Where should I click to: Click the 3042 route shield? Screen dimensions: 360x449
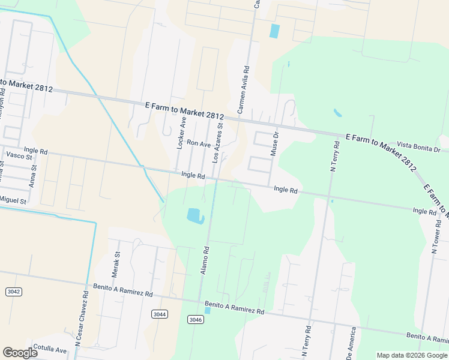coord(13,292)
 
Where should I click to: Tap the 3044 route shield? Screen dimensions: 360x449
coord(159,314)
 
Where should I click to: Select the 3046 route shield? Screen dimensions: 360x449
coord(195,320)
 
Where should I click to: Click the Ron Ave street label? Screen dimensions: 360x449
coord(199,143)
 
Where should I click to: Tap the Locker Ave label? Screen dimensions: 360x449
coord(181,133)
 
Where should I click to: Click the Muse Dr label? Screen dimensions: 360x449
coord(275,143)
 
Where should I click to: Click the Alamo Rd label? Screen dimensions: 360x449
coord(205,261)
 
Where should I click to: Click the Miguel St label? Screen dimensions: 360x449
coord(13,199)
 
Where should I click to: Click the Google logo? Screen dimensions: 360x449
coord(20,352)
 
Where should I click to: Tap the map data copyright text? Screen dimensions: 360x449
coord(411,355)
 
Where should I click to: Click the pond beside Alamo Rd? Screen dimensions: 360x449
coord(194,215)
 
